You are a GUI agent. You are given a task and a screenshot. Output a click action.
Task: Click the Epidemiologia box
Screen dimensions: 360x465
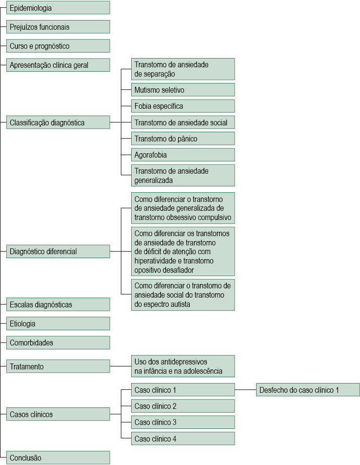(58, 8)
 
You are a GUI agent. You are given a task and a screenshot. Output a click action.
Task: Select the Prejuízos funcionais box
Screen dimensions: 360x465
(58, 27)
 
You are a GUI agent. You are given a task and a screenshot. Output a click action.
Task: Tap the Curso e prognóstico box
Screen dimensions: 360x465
(58, 46)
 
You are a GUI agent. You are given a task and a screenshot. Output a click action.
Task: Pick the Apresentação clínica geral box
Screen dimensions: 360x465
(58, 65)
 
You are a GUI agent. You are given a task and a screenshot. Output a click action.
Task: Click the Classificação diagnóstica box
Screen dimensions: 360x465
(58, 122)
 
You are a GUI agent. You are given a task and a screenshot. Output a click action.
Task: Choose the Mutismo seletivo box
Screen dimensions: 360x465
(183, 90)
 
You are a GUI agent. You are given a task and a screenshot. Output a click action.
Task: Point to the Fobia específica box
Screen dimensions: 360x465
(183, 106)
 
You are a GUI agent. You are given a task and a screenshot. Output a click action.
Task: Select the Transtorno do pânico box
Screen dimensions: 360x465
(183, 139)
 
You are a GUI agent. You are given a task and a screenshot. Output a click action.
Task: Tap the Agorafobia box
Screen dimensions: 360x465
(183, 155)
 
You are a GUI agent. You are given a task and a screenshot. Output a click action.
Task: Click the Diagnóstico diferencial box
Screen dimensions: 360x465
(58, 251)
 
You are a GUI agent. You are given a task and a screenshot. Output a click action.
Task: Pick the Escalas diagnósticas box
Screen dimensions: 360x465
(58, 304)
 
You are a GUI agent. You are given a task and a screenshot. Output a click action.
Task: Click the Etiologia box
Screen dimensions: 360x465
(58, 323)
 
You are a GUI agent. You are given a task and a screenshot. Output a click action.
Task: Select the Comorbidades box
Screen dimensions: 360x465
(58, 343)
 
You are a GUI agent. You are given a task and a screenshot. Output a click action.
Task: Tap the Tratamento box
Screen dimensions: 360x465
(58, 366)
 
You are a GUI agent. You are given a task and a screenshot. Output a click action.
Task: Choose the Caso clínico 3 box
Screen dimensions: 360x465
(183, 422)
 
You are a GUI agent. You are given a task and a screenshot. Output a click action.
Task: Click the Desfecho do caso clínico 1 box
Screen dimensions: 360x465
(308, 390)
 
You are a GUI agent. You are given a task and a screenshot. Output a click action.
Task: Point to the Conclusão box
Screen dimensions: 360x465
(58, 458)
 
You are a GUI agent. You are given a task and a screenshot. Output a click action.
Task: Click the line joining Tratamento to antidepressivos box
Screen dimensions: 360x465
(120, 366)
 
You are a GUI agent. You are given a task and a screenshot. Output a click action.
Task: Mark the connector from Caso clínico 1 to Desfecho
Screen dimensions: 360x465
(245, 390)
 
